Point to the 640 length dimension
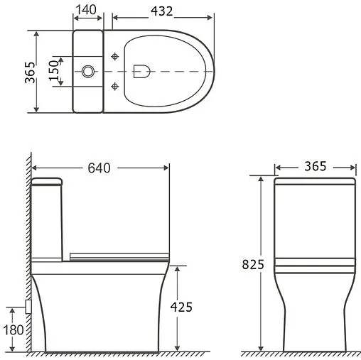click(100, 168)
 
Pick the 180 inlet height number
click(13, 329)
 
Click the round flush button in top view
click(89, 71)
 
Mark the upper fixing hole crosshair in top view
click(115, 56)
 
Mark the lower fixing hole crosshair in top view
click(115, 86)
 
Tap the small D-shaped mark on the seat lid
click(140, 70)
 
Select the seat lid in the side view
click(121, 254)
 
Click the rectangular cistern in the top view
click(89, 71)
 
